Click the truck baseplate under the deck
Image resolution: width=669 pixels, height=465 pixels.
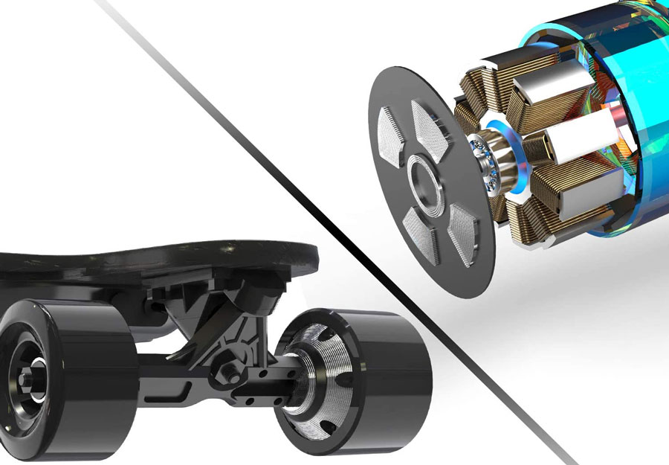[216, 286]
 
